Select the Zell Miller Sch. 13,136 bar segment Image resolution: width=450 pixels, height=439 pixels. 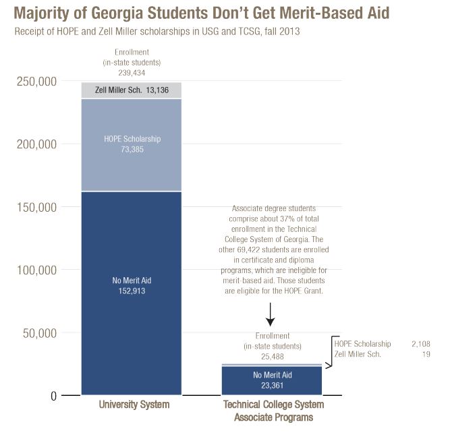[x=131, y=90]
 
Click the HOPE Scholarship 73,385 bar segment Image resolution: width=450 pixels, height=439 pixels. [x=131, y=144]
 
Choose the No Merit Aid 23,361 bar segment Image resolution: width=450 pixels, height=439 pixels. [x=272, y=380]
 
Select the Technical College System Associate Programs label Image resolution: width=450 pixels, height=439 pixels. [x=273, y=411]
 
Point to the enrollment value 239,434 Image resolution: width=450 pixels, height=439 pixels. [x=132, y=71]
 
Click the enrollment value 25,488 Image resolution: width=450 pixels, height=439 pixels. [x=272, y=357]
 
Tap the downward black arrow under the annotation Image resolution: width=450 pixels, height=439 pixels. [x=269, y=314]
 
